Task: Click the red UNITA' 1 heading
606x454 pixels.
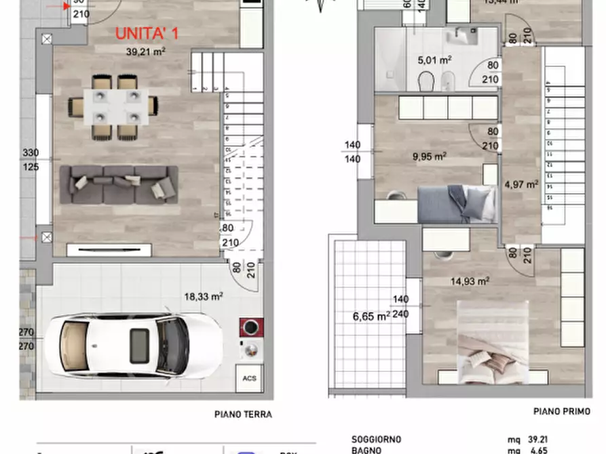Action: click(x=147, y=33)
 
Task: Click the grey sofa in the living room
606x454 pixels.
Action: click(x=119, y=184)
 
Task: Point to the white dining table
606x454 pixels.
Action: click(x=113, y=107)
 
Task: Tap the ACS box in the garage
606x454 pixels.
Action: click(x=246, y=379)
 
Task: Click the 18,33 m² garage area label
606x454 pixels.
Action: click(x=204, y=295)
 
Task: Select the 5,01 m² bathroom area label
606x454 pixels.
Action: click(x=435, y=60)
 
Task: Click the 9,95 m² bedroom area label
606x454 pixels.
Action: click(x=429, y=157)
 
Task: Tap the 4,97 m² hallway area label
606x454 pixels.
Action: click(x=521, y=184)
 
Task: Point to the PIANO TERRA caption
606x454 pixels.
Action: click(x=242, y=415)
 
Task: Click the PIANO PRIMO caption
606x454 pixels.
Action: click(x=561, y=411)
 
